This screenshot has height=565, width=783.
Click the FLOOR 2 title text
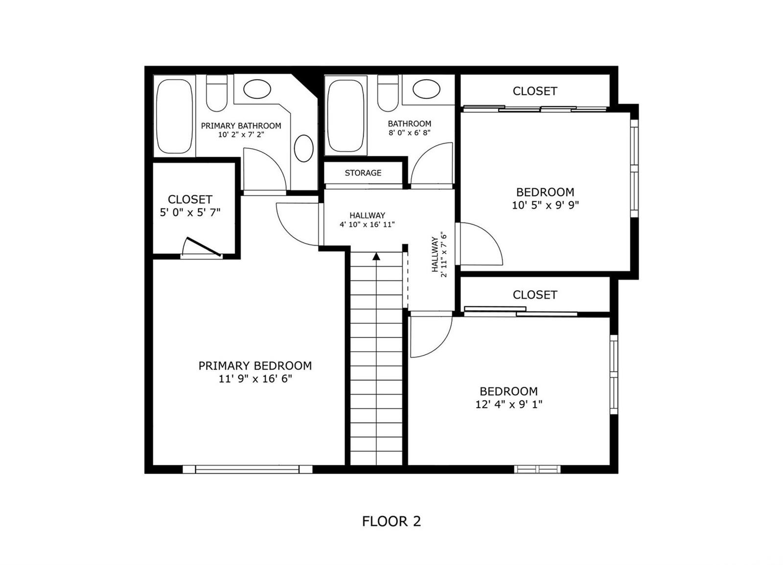point(391,521)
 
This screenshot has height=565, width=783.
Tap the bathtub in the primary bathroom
point(174,116)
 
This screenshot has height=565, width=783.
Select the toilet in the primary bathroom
point(216,93)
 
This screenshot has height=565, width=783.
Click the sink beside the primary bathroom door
point(304,148)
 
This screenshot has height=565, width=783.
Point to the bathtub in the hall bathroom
point(345,115)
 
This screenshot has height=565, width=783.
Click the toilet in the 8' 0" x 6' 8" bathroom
point(388,93)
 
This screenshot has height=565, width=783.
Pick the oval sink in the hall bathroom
point(426,89)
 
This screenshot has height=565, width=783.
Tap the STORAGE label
point(363,173)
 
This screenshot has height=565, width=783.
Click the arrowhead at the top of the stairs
point(376,256)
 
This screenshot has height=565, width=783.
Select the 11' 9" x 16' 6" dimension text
point(255,379)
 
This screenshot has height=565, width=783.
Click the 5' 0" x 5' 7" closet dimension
point(190,212)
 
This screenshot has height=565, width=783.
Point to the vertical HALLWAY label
point(435,254)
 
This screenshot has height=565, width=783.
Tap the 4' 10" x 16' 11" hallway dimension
point(367,225)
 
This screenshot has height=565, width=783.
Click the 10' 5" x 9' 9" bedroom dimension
point(545,205)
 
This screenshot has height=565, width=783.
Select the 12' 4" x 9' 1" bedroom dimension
point(508,404)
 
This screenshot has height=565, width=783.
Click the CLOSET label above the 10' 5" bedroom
point(535,91)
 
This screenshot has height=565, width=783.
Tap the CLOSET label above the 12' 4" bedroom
point(535,294)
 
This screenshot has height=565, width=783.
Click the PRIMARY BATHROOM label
point(241,126)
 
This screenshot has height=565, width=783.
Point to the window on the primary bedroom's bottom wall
point(248,469)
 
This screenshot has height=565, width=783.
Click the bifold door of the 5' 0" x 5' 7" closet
point(202,247)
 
